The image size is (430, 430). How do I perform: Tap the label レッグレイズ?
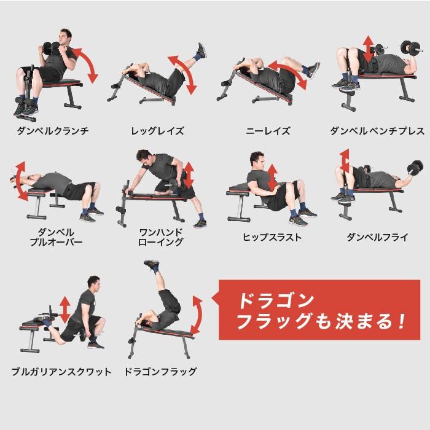coord(157,131)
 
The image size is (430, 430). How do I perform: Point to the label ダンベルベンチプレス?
coord(377,131)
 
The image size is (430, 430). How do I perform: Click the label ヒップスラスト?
coord(273,237)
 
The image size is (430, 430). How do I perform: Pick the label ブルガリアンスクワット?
coord(61,372)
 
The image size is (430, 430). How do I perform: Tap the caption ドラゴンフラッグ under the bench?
coord(160,372)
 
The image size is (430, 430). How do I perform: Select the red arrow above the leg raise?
coord(182,74)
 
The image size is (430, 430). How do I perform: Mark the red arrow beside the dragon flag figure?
coord(198,313)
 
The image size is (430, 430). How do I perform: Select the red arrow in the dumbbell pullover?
coord(20,181)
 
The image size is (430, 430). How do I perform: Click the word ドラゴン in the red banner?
coord(276,301)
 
